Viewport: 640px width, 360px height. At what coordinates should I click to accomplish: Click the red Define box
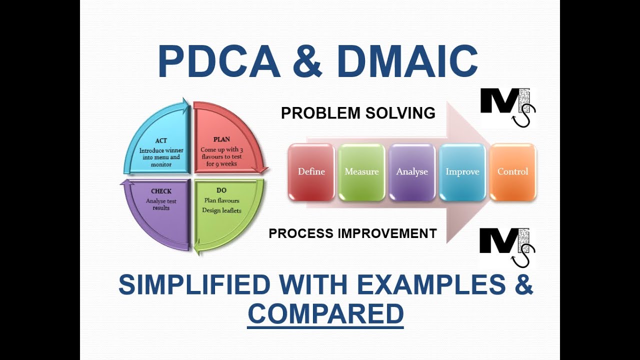(x=311, y=172)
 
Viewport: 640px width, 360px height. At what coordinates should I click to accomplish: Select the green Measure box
(x=361, y=172)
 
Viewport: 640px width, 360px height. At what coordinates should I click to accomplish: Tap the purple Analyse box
(x=412, y=172)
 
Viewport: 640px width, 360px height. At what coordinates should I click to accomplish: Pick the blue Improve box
(x=462, y=172)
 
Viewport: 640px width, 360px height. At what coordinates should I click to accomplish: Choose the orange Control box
(x=513, y=172)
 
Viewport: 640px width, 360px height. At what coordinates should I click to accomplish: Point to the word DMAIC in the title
(x=407, y=62)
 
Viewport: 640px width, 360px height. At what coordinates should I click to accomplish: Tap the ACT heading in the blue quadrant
(x=161, y=141)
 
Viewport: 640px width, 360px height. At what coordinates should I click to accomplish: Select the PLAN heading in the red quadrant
(x=221, y=139)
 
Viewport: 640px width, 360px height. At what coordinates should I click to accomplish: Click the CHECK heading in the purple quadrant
(x=161, y=191)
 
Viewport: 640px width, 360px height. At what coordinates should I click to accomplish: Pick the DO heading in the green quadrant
(x=221, y=190)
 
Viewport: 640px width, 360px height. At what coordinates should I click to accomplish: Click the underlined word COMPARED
(x=325, y=313)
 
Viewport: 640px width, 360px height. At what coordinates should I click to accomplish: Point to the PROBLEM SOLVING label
(x=358, y=113)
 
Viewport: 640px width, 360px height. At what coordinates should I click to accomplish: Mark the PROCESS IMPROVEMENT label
(x=352, y=233)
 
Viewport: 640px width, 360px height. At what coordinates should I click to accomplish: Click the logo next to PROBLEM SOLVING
(x=507, y=106)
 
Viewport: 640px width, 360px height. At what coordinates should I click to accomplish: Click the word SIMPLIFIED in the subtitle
(x=194, y=285)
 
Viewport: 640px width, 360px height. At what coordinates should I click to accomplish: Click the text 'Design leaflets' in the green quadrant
(x=221, y=210)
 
